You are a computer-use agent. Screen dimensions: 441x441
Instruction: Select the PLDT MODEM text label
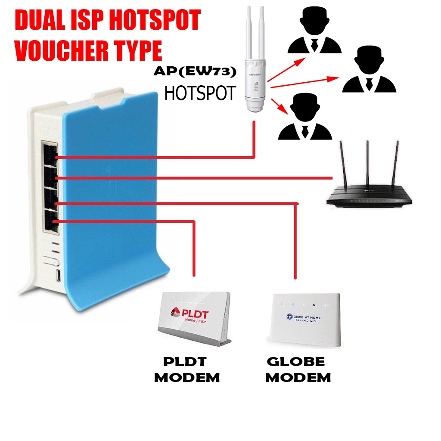click(187, 370)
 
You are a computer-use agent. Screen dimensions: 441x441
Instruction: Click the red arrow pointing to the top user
click(284, 69)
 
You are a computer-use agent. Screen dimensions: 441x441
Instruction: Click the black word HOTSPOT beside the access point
click(200, 92)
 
